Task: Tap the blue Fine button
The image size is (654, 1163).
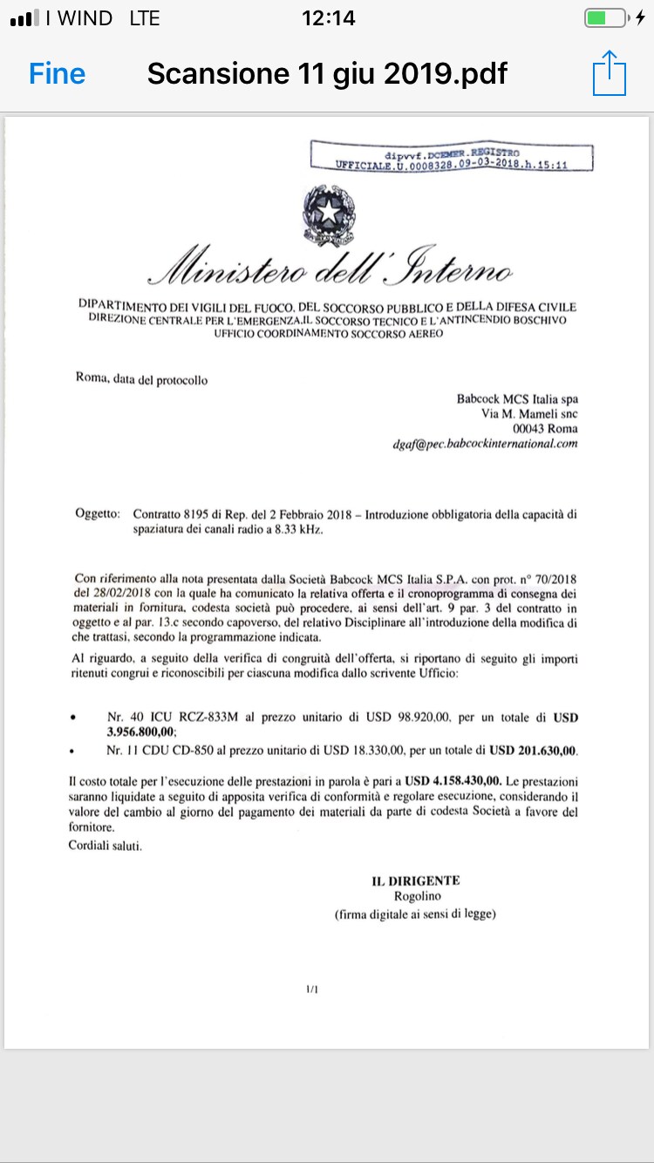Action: pos(58,73)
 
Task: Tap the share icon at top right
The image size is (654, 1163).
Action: pos(609,73)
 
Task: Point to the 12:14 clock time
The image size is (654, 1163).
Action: pos(328,18)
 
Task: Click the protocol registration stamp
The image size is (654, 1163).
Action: pos(452,158)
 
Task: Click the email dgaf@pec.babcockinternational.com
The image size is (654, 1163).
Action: pos(486,443)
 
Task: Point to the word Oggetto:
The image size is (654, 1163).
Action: pos(98,514)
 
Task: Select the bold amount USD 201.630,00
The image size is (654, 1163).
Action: pos(534,750)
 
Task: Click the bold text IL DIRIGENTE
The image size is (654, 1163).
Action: pos(416,881)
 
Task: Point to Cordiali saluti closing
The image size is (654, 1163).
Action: pos(105,845)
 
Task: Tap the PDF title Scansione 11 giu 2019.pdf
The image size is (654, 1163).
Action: pos(327,73)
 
